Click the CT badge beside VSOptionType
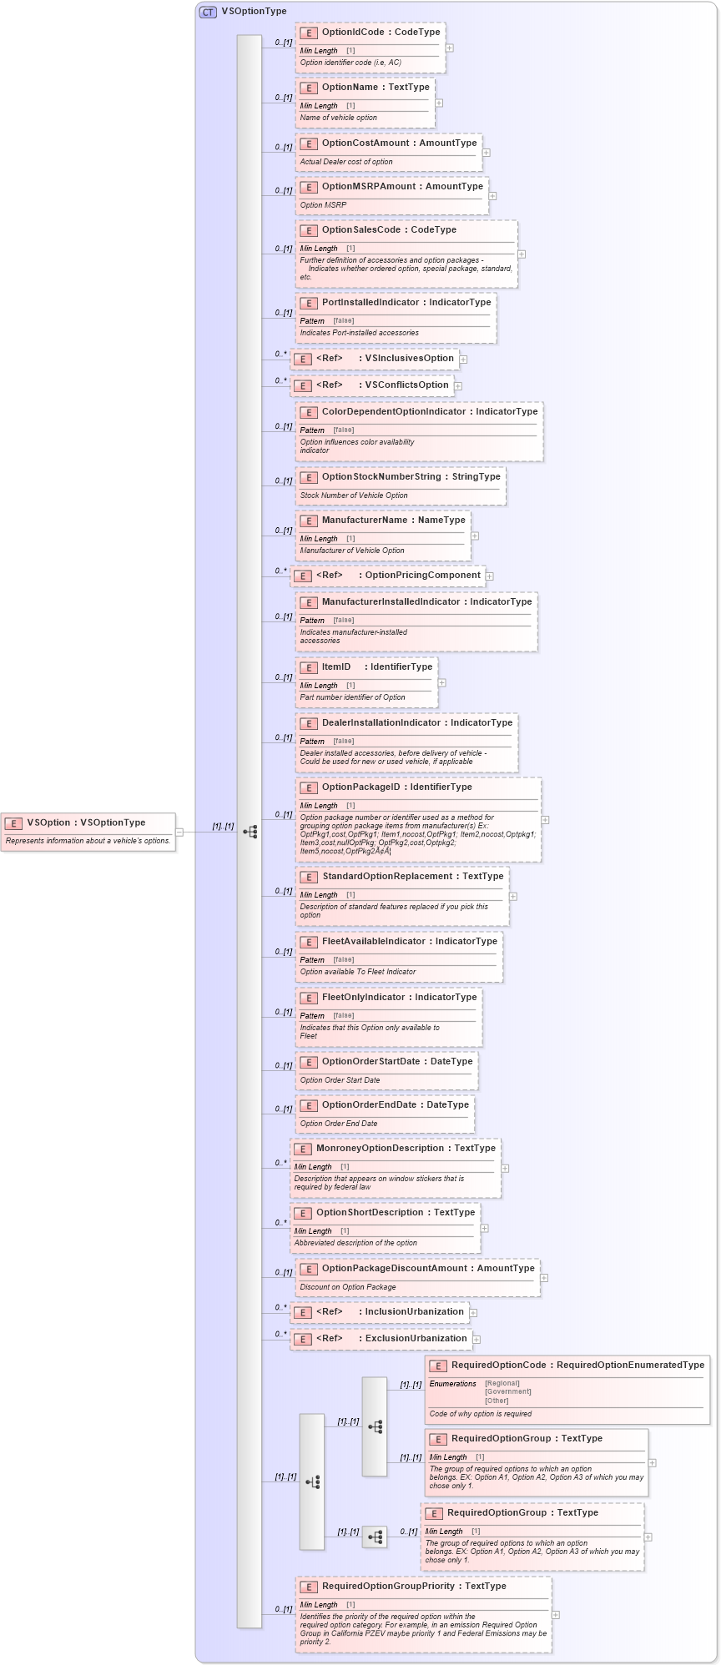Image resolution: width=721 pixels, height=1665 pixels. pyautogui.click(x=208, y=12)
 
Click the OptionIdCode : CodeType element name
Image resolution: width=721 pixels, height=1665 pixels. pyautogui.click(x=381, y=33)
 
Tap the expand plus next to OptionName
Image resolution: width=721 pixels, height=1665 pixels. pyautogui.click(x=439, y=103)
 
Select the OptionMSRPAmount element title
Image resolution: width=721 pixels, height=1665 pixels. pyautogui.click(x=402, y=187)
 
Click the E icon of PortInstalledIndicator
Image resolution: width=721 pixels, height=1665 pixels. pyautogui.click(x=309, y=303)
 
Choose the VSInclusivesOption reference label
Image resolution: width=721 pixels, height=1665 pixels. pyautogui.click(x=409, y=359)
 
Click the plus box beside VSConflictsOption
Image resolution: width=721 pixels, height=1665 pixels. pyautogui.click(x=458, y=386)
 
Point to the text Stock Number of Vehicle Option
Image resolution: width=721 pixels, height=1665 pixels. pyautogui.click(x=354, y=495)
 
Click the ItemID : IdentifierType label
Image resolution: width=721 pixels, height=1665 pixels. pyautogui.click(x=377, y=667)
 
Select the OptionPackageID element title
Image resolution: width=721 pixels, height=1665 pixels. pyautogui.click(x=396, y=787)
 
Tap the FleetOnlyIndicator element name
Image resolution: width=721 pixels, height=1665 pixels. pyautogui.click(x=399, y=998)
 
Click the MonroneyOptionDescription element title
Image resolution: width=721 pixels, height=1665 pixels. pyautogui.click(x=406, y=1149)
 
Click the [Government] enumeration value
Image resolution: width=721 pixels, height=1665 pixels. pyautogui.click(x=507, y=1391)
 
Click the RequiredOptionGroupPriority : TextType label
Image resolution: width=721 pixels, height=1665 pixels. pyautogui.click(x=414, y=1587)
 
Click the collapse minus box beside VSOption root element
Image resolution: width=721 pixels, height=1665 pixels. pyautogui.click(x=179, y=832)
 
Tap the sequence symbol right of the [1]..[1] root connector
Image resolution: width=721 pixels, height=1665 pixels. pyautogui.click(x=250, y=832)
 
